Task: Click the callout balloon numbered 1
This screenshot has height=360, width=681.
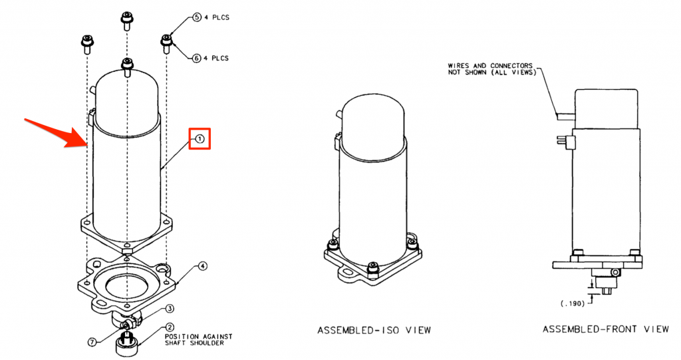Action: click(200, 138)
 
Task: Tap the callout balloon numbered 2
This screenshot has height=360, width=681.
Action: click(170, 328)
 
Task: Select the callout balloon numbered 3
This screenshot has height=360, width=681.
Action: click(170, 309)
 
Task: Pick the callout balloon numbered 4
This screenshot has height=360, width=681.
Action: click(203, 266)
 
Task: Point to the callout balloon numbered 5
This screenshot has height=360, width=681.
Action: click(197, 18)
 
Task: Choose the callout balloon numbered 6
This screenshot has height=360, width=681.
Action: click(197, 58)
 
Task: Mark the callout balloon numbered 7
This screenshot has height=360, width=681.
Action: click(92, 342)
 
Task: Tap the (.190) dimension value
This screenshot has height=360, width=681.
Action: click(573, 304)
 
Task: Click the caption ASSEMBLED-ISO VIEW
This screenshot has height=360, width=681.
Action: click(374, 331)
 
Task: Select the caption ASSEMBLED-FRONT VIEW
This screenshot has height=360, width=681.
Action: click(605, 329)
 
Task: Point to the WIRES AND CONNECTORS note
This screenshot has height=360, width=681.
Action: click(492, 69)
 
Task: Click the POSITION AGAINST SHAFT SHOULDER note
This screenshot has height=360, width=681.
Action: click(198, 339)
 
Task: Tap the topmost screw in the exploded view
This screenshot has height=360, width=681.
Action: click(126, 21)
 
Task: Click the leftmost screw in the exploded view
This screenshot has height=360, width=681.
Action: click(86, 45)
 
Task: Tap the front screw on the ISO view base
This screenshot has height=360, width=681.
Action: click(372, 268)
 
